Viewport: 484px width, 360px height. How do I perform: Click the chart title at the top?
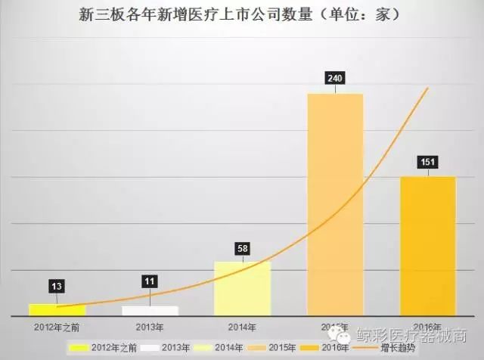point(240,14)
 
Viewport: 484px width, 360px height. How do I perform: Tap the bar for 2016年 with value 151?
point(427,246)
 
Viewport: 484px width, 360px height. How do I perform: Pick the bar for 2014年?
point(242,288)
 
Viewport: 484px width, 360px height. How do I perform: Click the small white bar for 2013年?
point(150,310)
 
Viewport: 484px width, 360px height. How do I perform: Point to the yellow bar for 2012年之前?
point(57,309)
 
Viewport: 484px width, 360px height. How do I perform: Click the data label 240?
point(334,78)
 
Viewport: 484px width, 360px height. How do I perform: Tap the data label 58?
point(241,248)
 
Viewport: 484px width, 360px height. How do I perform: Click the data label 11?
point(150,282)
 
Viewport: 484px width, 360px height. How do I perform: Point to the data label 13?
point(57,286)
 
